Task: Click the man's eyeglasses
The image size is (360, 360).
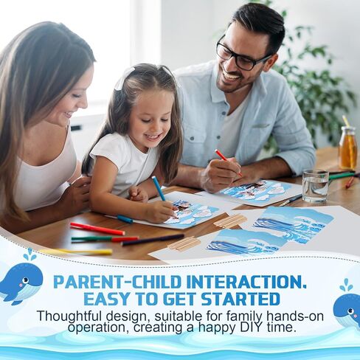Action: (x=242, y=55)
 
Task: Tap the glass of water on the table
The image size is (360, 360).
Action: (x=315, y=186)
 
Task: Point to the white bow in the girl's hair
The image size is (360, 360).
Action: (x=125, y=77)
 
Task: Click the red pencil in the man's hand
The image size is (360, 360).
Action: (x=228, y=162)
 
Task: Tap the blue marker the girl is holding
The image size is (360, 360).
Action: (x=159, y=188)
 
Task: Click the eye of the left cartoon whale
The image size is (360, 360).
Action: (x=25, y=280)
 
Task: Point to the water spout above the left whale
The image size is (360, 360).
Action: (x=29, y=255)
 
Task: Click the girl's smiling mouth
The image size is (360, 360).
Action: (x=153, y=136)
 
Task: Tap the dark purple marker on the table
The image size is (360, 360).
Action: (x=153, y=240)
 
